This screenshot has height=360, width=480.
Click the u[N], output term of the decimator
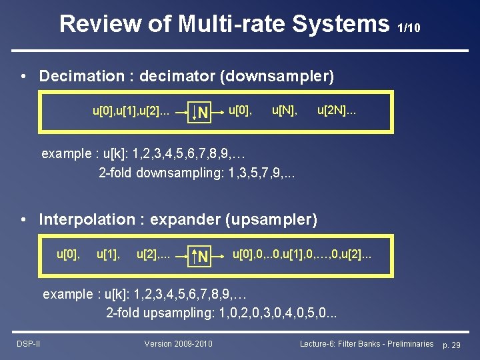pos(285,108)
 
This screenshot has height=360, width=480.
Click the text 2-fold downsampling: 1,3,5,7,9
pos(197,173)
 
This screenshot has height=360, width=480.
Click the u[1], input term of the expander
pos(109,253)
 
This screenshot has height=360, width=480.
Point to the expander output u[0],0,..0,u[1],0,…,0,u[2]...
pos(302,253)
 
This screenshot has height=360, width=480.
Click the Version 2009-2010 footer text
pos(178,343)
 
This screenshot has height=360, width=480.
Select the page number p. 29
pos(456,344)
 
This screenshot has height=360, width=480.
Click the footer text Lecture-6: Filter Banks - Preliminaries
pos(366,343)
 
